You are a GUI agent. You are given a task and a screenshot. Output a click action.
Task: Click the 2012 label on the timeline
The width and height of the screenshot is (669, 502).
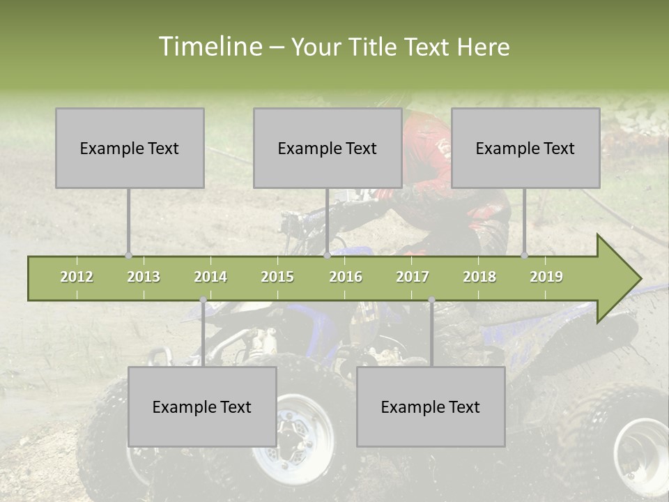pos(77,277)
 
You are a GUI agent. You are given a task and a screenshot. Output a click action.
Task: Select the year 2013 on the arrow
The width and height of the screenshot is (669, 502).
pos(144,277)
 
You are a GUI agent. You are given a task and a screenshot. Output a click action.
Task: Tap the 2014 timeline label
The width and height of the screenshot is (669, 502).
pos(210,277)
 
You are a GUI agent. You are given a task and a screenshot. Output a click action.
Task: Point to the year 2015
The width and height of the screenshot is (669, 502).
pos(277,277)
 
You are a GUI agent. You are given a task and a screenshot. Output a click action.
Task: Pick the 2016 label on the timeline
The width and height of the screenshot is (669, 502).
pos(346,277)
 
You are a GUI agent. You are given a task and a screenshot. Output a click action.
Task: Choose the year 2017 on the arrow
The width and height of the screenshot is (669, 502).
pos(413,277)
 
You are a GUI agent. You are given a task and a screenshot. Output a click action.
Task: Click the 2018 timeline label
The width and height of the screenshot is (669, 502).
pos(479,277)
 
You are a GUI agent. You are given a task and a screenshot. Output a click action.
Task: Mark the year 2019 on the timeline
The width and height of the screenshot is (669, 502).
pos(546,277)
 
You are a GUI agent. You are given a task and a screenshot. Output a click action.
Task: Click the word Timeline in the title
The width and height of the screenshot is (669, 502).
pos(209,47)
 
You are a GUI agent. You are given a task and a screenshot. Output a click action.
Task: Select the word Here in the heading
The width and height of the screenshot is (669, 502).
pos(483,47)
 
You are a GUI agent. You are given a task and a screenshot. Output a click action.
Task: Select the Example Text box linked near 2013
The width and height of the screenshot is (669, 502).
pos(130,148)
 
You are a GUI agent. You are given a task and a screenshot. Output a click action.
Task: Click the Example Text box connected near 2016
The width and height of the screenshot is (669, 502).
pos(328,148)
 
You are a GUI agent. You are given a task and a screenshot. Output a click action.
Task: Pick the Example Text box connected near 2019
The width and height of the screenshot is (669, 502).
pos(525,148)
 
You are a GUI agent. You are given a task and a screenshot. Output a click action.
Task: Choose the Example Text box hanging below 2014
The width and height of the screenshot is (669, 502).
pos(202,406)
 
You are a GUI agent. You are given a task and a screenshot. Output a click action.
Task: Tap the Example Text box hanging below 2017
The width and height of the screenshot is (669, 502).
pos(431,406)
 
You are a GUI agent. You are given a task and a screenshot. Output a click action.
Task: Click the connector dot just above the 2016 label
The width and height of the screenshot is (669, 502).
pos(328,255)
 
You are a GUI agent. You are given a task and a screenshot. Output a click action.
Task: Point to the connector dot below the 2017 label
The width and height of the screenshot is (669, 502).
pos(431,300)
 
